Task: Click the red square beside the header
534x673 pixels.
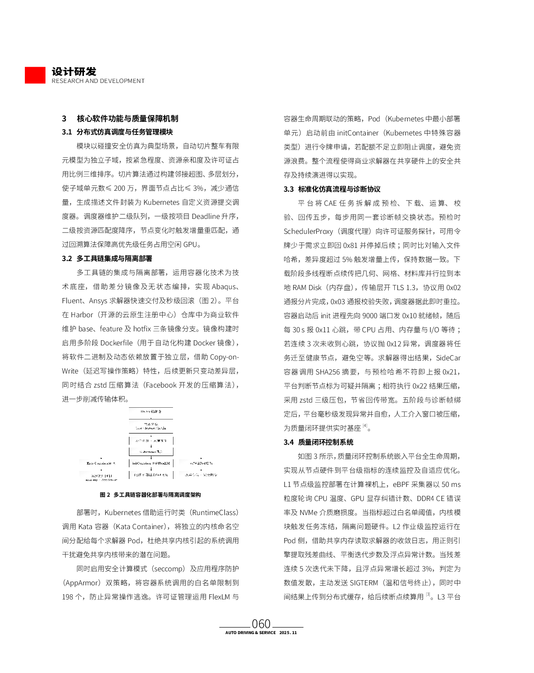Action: (x=35, y=75)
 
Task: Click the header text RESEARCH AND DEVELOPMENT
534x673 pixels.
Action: (x=98, y=81)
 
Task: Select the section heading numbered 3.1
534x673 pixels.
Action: (x=117, y=132)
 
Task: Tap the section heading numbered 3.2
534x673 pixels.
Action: (x=107, y=259)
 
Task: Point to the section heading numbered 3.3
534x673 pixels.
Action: (x=332, y=189)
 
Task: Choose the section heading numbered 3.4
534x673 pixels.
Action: (x=318, y=442)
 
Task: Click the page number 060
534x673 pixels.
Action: (x=261, y=624)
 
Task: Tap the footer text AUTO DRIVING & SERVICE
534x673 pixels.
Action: (x=250, y=633)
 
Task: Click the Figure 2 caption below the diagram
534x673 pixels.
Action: (x=150, y=495)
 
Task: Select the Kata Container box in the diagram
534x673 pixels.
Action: (x=100, y=463)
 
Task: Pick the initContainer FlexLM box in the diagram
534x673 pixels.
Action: (x=151, y=463)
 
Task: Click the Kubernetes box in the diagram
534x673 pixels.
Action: (x=151, y=452)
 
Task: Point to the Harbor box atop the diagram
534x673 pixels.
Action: (x=151, y=411)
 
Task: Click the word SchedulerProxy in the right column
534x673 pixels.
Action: (x=308, y=232)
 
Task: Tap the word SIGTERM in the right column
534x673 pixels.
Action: (x=363, y=583)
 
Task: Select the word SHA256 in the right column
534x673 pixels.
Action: (x=328, y=372)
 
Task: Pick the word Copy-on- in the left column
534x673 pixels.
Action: (x=225, y=357)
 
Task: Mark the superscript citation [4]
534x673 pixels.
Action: (x=365, y=426)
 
